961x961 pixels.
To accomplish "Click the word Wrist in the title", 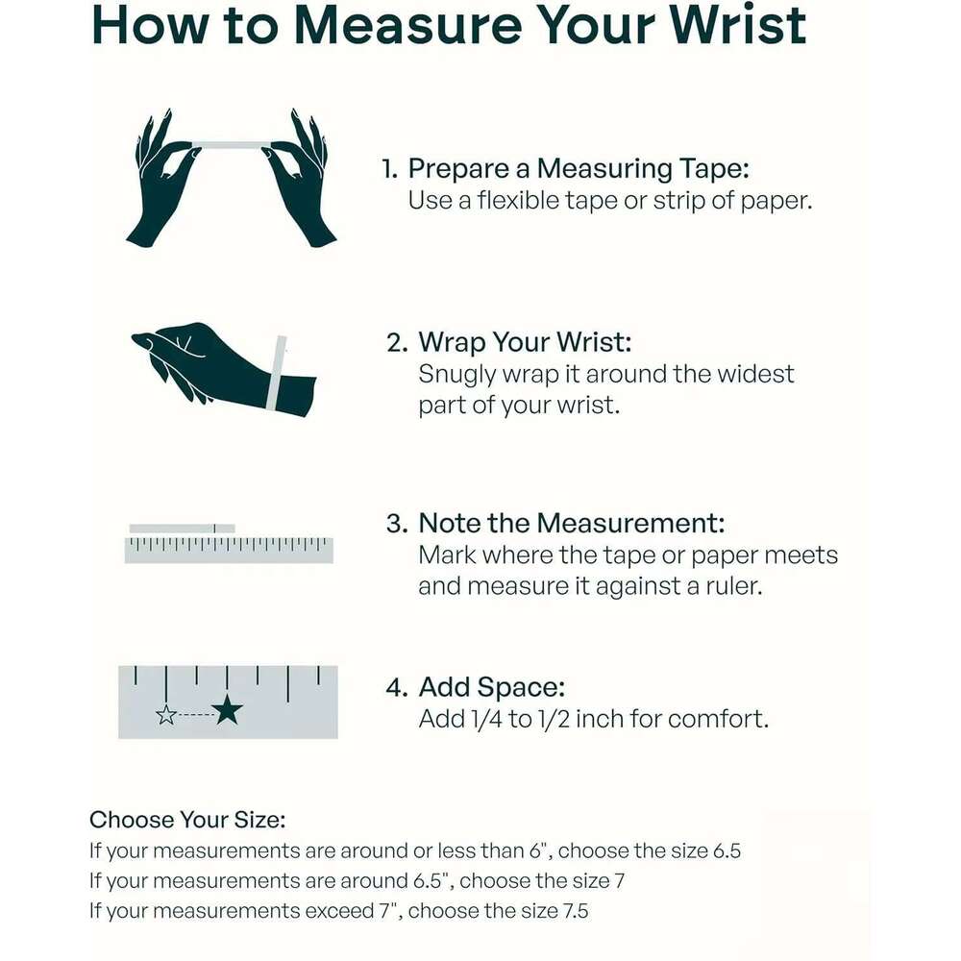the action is click(738, 26).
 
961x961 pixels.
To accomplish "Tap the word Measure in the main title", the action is click(408, 26).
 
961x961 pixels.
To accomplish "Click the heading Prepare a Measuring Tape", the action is click(579, 169).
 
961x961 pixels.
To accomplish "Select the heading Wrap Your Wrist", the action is click(525, 342).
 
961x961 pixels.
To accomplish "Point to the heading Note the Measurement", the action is click(571, 524).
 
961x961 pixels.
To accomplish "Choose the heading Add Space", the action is click(491, 688).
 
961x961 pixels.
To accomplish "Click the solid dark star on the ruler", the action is click(228, 710).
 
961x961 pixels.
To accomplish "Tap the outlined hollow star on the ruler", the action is click(166, 715).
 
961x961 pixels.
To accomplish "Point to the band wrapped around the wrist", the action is click(277, 373).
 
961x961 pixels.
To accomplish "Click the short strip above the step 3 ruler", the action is click(182, 529).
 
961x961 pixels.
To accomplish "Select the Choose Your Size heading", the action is click(187, 820).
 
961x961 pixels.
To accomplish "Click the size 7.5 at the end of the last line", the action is click(576, 911).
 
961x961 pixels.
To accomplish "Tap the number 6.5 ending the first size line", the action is click(727, 850).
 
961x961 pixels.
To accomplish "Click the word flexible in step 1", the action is click(518, 201).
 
